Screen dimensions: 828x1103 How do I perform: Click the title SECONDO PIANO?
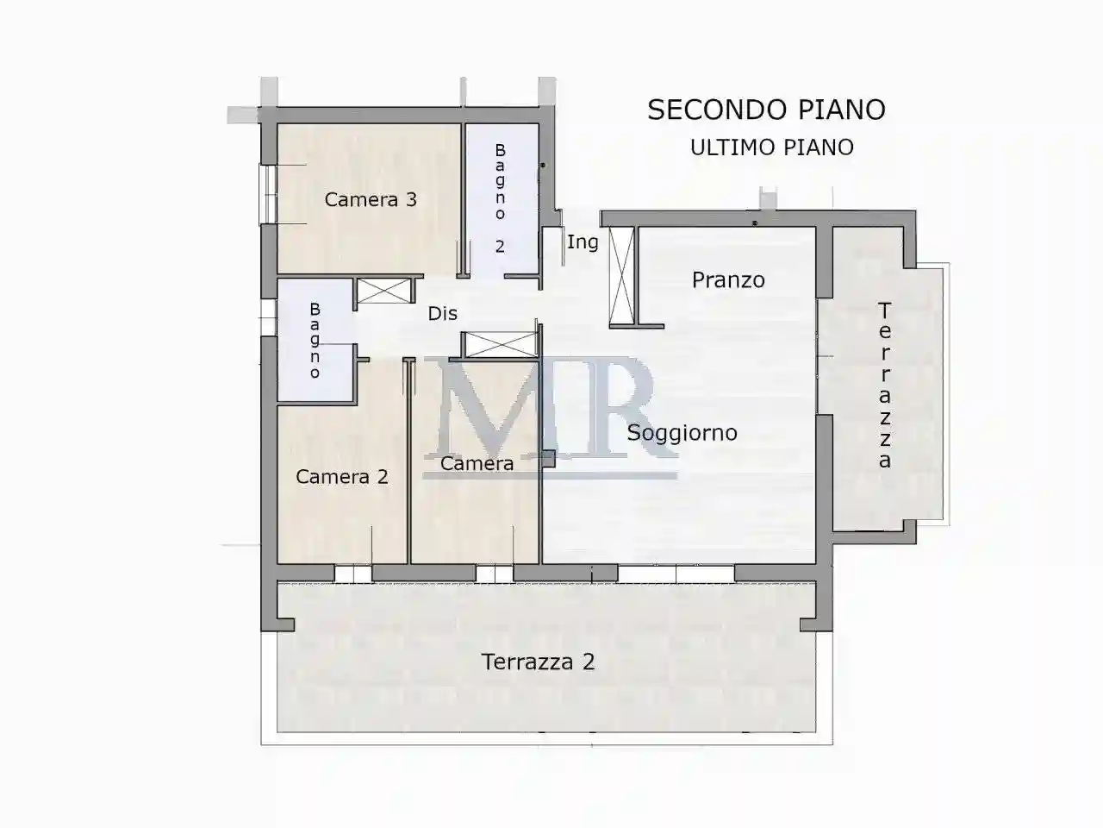766,110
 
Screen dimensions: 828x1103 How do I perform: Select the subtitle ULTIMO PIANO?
771,147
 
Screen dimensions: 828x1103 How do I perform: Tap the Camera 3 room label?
371,200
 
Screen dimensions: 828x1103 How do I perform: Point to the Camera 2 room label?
342,477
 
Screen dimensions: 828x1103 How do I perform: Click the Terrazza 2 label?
538,662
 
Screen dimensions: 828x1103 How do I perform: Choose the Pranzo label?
728,280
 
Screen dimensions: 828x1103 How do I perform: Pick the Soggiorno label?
682,433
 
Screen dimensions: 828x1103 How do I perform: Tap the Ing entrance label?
583,242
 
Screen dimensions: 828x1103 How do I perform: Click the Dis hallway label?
443,314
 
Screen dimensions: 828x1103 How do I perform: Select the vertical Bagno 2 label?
500,198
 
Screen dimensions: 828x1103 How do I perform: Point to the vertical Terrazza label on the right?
885,385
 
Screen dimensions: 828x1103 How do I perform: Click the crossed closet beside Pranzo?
621,276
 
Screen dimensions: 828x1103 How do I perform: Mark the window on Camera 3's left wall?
269,194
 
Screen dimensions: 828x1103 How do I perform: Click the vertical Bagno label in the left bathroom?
315,341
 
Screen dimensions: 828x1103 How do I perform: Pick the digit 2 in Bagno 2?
500,247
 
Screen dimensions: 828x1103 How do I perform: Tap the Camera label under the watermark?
477,464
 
